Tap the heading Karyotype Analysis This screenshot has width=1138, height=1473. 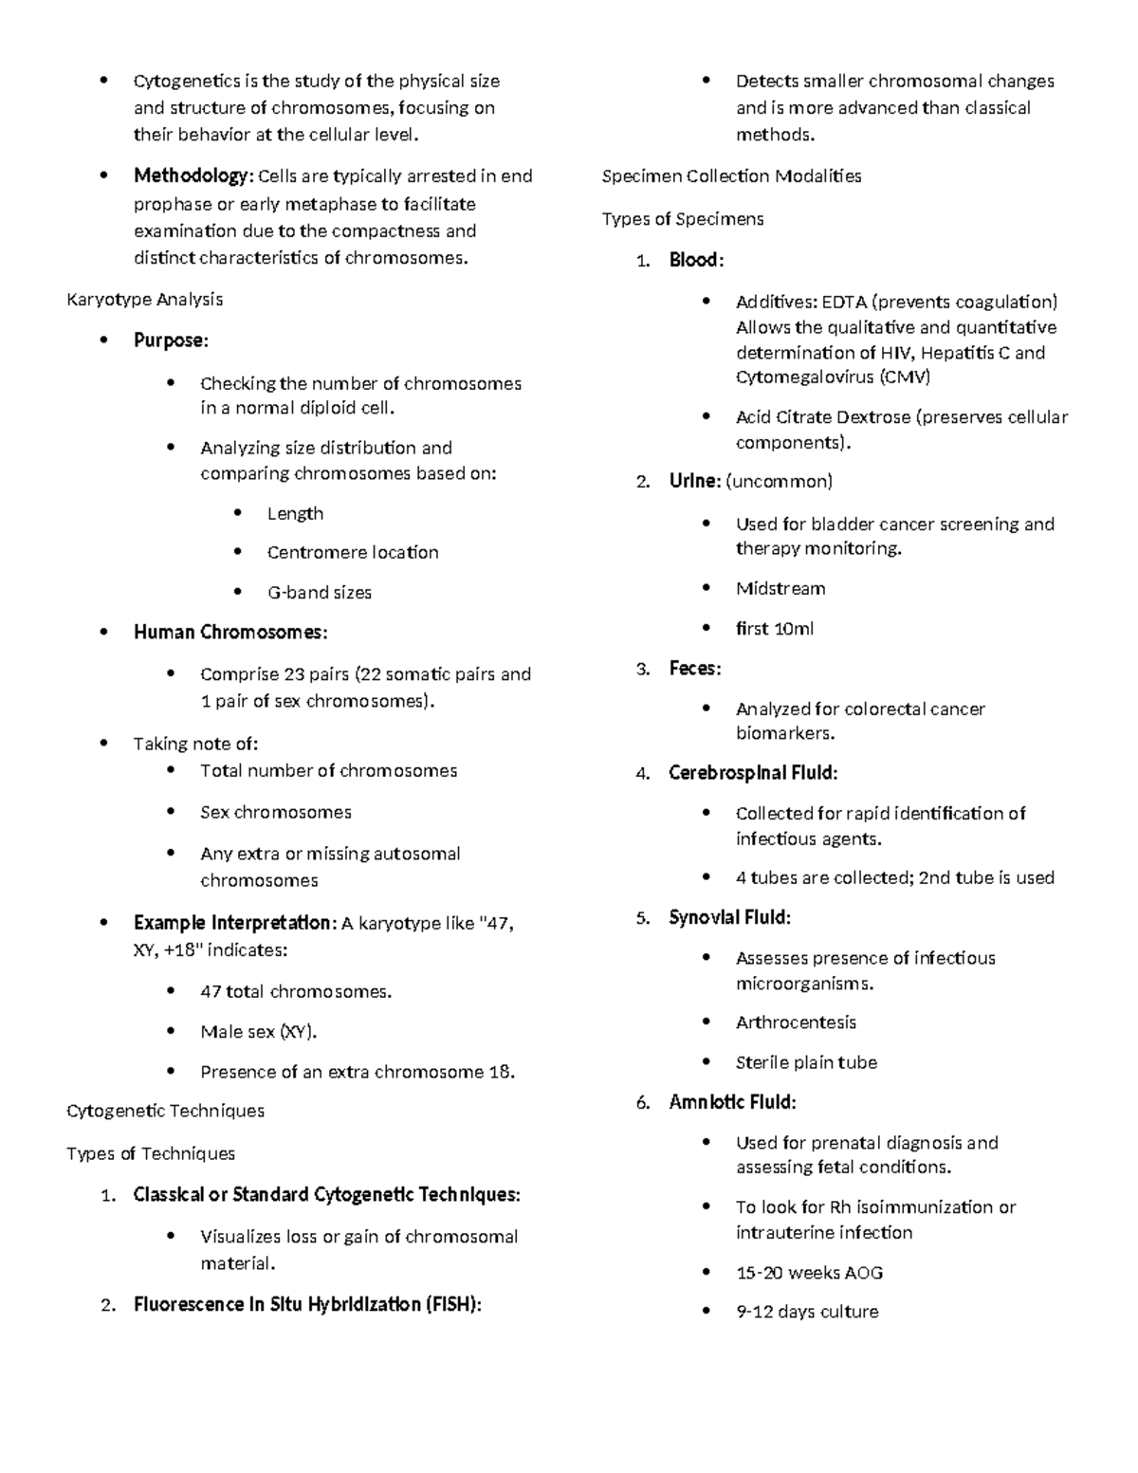click(145, 300)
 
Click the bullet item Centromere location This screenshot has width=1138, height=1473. click(353, 553)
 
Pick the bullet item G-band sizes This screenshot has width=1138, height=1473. click(319, 593)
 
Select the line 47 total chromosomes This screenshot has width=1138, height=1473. click(295, 992)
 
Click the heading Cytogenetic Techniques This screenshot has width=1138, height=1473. click(166, 1111)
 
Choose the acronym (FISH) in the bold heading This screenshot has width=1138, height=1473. click(453, 1305)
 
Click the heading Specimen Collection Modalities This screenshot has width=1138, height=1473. click(731, 176)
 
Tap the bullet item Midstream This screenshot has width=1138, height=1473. click(780, 589)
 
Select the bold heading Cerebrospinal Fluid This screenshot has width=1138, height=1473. click(753, 773)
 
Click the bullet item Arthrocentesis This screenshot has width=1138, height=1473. click(796, 1022)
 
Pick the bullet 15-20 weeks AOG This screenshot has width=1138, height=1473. click(809, 1273)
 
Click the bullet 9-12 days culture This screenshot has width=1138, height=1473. click(807, 1312)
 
